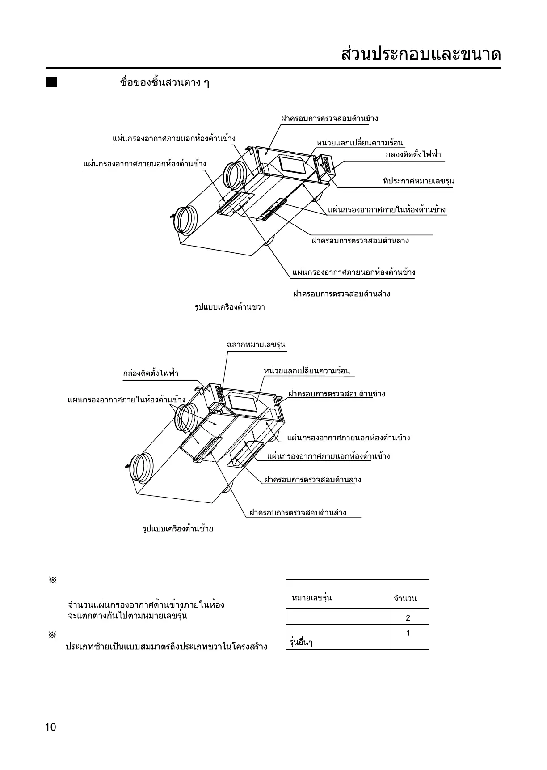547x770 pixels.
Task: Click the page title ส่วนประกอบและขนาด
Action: click(421, 55)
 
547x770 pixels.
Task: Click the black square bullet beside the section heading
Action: click(52, 82)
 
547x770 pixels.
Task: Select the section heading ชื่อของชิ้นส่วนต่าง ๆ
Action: click(164, 83)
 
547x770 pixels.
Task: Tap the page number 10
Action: click(50, 727)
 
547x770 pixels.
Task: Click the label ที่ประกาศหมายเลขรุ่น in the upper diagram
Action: click(418, 181)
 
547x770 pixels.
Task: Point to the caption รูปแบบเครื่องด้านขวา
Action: click(230, 307)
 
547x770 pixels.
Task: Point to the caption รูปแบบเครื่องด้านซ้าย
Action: click(178, 528)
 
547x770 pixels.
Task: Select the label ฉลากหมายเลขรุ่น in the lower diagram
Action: click(256, 345)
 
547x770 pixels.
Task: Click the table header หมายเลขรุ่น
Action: click(311, 598)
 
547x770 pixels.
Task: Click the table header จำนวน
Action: click(405, 598)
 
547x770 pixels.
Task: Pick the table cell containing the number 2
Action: click(408, 618)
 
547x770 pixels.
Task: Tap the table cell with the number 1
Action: click(408, 633)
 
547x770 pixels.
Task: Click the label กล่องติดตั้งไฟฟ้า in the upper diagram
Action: click(413, 155)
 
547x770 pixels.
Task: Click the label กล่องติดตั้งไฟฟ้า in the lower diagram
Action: click(151, 373)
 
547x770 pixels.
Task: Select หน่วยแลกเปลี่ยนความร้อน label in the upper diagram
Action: click(360, 143)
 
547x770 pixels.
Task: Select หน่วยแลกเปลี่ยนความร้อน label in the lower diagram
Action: click(307, 371)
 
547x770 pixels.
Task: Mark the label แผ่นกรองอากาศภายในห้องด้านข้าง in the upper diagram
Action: click(387, 209)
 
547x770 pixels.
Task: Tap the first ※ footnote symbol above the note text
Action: click(52, 581)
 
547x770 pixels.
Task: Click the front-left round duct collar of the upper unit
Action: click(185, 220)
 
